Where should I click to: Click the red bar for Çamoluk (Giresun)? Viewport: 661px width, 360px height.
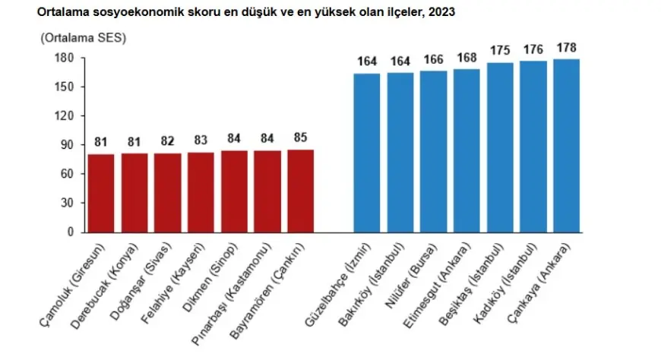[101, 193]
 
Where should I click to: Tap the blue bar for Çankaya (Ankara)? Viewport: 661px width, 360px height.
[567, 146]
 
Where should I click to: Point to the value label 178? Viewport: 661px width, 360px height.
[567, 48]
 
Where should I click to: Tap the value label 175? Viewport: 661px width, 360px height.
[501, 52]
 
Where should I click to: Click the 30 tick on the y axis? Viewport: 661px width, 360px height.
[68, 203]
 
